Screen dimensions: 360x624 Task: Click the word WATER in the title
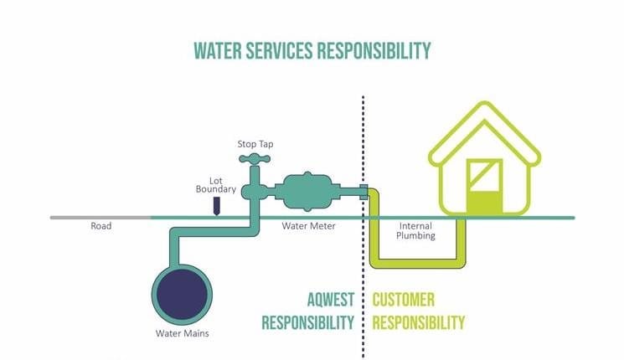click(x=220, y=50)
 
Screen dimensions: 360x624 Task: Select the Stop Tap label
click(x=255, y=144)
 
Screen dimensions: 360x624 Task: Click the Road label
click(x=101, y=226)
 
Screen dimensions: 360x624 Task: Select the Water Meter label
click(x=302, y=226)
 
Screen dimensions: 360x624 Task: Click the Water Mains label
click(x=182, y=333)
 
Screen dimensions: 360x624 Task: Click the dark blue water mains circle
click(x=182, y=291)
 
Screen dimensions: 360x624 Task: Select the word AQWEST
click(x=333, y=301)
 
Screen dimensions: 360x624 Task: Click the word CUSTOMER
click(x=404, y=301)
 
